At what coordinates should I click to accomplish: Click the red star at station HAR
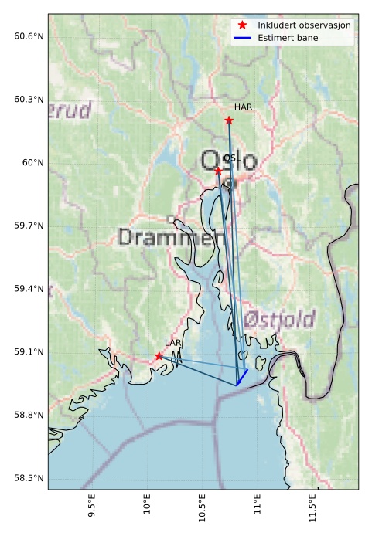(x=229, y=120)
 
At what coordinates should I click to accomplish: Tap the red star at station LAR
(x=159, y=356)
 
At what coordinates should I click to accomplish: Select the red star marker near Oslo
(x=218, y=171)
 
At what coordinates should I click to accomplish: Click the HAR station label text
(x=244, y=107)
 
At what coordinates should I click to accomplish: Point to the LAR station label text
(x=172, y=342)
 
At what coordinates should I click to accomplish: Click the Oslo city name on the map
(x=228, y=161)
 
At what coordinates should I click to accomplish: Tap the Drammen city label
(x=172, y=237)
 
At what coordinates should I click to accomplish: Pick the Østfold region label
(x=279, y=319)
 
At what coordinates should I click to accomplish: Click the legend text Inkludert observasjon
(x=305, y=25)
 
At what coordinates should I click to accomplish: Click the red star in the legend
(x=243, y=25)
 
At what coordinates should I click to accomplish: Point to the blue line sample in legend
(x=243, y=37)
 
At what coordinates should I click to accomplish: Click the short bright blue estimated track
(x=242, y=377)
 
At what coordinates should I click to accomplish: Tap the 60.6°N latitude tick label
(x=29, y=36)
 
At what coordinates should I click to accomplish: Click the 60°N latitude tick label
(x=34, y=163)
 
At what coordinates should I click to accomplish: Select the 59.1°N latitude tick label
(x=29, y=352)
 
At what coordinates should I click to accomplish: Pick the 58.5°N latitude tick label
(x=29, y=478)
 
